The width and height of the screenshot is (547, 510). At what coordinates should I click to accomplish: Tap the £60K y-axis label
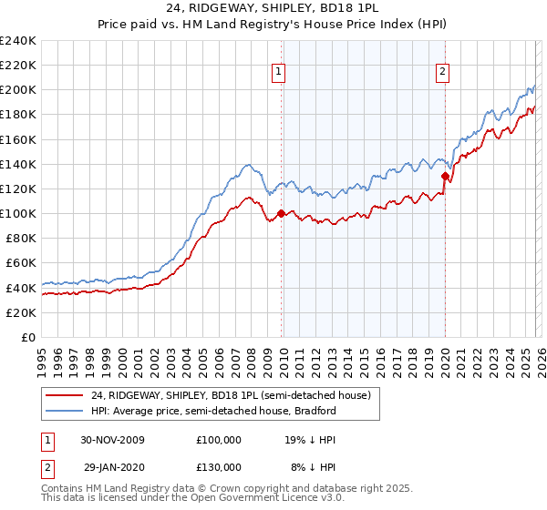coord(20,262)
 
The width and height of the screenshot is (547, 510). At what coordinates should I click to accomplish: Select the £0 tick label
coord(27,337)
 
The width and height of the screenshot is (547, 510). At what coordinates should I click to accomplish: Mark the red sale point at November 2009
coord(281,214)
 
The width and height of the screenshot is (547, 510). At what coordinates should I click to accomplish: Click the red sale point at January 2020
coord(445,177)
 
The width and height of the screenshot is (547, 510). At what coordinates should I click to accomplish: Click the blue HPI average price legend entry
coord(201,412)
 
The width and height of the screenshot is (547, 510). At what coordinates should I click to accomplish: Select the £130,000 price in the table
coord(219,466)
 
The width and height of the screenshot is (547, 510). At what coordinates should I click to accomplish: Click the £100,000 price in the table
coord(219,439)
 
